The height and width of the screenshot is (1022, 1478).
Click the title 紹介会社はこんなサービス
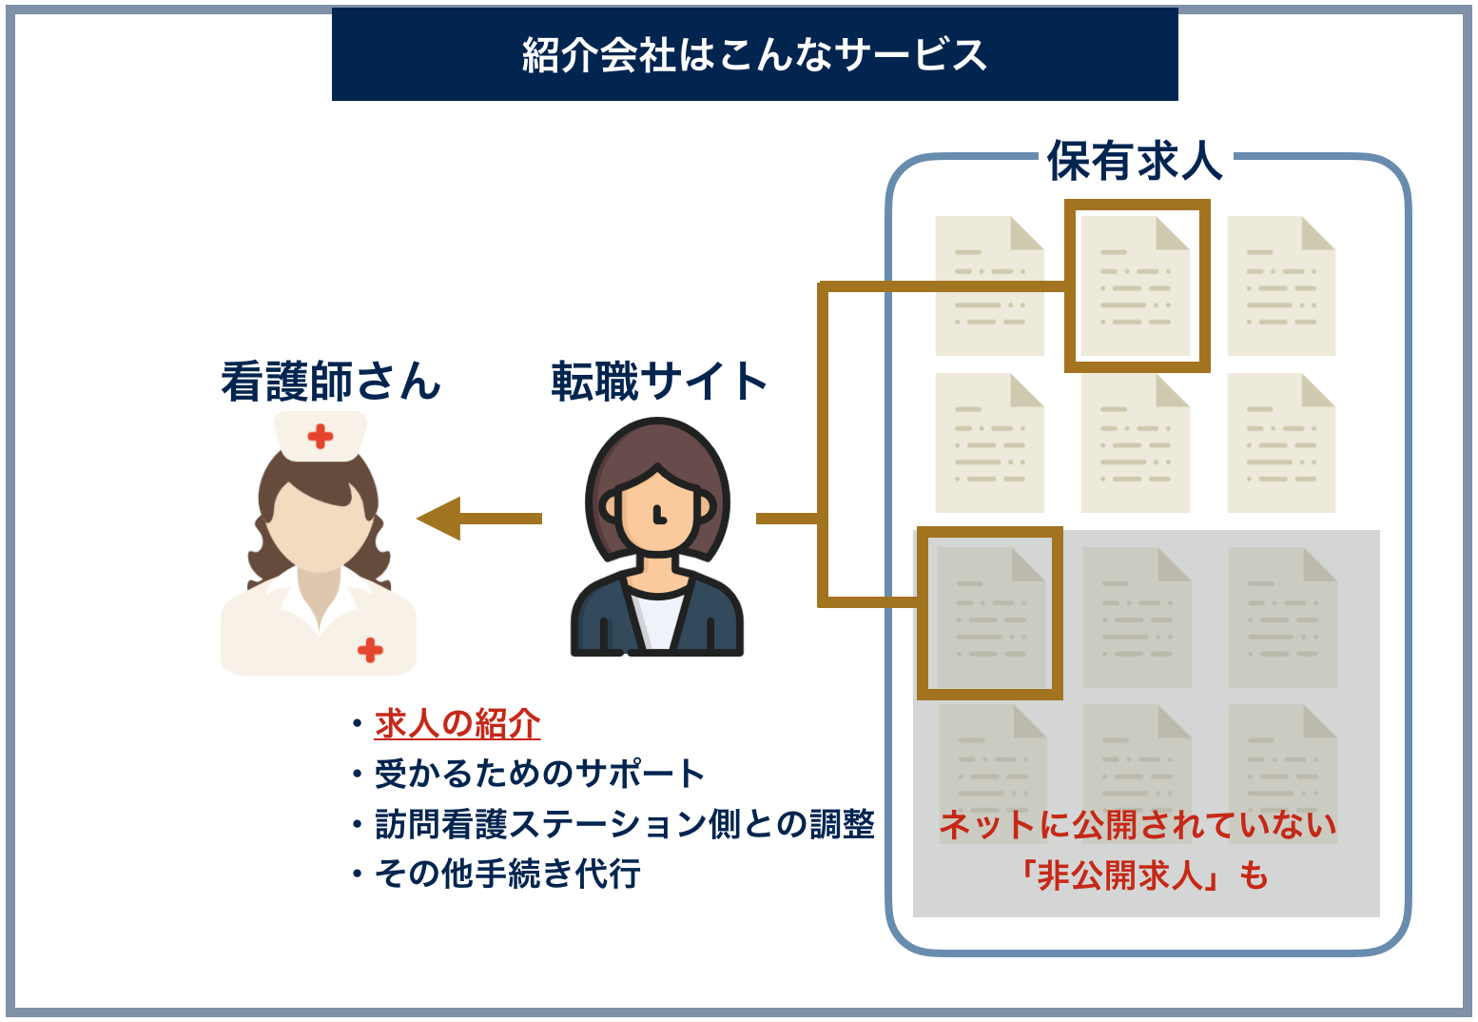tap(754, 54)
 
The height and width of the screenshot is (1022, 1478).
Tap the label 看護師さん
tap(330, 382)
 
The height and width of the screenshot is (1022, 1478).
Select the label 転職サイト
tap(659, 382)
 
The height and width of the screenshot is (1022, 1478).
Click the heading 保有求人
tap(1135, 160)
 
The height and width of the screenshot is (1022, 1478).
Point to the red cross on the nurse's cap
tap(321, 437)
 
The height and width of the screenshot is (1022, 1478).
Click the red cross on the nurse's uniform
tap(370, 650)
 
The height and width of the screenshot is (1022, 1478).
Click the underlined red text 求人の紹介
tap(457, 724)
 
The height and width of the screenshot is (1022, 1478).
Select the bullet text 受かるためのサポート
tap(539, 774)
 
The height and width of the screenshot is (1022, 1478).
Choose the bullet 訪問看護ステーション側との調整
tap(624, 823)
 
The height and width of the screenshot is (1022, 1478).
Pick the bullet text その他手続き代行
tap(507, 873)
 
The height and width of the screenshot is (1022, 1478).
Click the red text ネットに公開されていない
tap(1138, 824)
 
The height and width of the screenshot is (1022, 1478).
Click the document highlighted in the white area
tap(1137, 285)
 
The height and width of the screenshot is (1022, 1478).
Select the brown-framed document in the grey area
tap(990, 614)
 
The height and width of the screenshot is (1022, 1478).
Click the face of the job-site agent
tap(657, 514)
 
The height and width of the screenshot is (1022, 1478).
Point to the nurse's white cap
tap(321, 436)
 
